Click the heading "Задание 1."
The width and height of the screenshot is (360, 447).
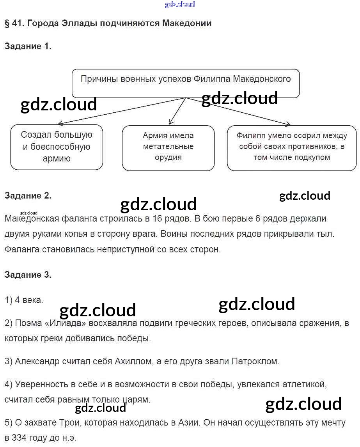[x=28, y=46]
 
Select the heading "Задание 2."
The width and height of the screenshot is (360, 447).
[x=28, y=196]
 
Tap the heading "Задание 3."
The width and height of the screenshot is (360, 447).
[x=28, y=275]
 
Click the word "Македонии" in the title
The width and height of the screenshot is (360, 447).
[x=187, y=23]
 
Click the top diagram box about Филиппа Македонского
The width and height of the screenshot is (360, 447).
[x=186, y=83]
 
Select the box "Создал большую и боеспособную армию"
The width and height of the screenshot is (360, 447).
[x=57, y=147]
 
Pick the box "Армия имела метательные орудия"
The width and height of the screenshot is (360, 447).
[x=168, y=147]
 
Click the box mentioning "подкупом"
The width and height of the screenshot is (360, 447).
[x=291, y=147]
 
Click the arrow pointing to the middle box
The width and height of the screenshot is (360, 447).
[x=177, y=111]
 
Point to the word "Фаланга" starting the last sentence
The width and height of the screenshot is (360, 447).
[x=22, y=250]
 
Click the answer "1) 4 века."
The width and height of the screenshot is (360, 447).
[x=24, y=300]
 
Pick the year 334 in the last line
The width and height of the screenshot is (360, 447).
[x=21, y=438]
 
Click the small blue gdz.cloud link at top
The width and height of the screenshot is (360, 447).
[x=180, y=4]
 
